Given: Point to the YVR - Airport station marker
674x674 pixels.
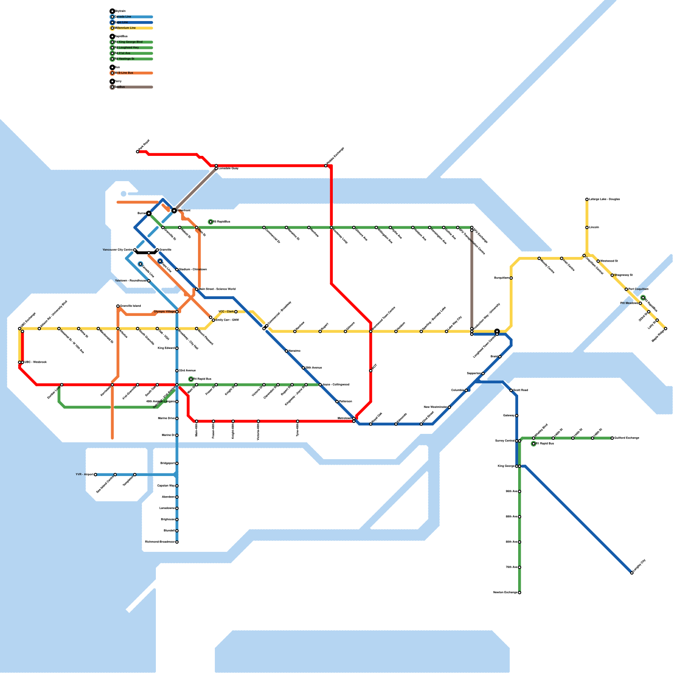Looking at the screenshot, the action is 96,475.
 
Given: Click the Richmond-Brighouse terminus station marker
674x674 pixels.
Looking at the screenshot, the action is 177,542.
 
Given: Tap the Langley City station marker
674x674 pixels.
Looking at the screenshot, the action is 632,573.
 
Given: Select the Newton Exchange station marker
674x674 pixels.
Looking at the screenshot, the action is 519,593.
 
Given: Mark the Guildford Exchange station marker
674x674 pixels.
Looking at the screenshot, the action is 612,438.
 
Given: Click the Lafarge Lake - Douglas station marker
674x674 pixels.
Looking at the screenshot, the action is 587,199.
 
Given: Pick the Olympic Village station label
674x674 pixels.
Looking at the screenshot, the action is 164,312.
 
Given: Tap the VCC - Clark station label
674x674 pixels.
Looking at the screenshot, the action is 226,312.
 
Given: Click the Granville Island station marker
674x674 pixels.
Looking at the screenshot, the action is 118,306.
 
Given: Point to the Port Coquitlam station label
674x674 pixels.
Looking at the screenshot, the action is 639,289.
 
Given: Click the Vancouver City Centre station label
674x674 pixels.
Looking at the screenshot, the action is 118,250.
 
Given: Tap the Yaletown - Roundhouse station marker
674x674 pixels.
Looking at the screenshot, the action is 149,281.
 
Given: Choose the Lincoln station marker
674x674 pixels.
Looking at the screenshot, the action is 587,227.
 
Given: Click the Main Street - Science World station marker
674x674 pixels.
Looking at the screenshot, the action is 197,289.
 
